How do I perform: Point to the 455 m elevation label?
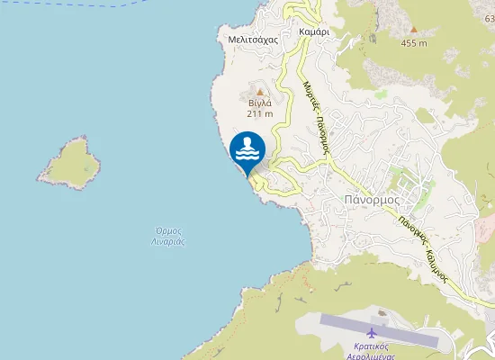(414, 42)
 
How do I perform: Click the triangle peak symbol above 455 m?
(414, 30)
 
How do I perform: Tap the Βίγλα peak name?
(260, 103)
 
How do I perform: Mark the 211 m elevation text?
(260, 113)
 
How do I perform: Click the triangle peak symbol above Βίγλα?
(260, 92)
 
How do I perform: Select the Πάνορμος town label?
(372, 200)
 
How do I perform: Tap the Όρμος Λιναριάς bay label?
(168, 236)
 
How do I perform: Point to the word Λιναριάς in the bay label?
(168, 241)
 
